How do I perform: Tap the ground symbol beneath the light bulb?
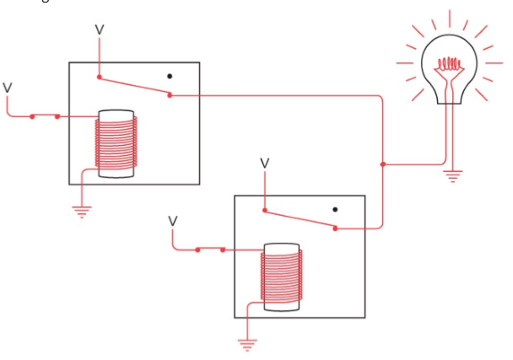click(x=453, y=176)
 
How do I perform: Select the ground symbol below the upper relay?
click(x=82, y=212)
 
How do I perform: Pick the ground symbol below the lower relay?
click(x=247, y=346)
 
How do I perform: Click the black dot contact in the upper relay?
click(x=170, y=76)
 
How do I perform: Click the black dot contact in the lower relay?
click(x=335, y=210)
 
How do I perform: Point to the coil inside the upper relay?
click(x=116, y=143)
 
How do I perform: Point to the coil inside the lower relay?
click(x=282, y=277)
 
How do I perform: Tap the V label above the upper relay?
click(x=100, y=30)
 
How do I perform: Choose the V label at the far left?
click(x=8, y=88)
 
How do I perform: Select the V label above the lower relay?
click(x=265, y=164)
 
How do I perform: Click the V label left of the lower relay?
click(x=173, y=222)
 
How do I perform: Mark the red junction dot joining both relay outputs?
click(x=383, y=164)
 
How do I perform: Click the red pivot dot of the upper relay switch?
click(x=99, y=78)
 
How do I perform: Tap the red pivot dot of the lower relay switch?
click(x=265, y=210)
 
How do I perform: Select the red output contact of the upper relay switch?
click(x=170, y=95)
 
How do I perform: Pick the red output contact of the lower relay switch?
click(x=335, y=228)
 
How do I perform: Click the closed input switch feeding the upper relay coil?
click(x=45, y=116)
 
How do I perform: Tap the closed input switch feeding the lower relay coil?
click(x=210, y=250)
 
